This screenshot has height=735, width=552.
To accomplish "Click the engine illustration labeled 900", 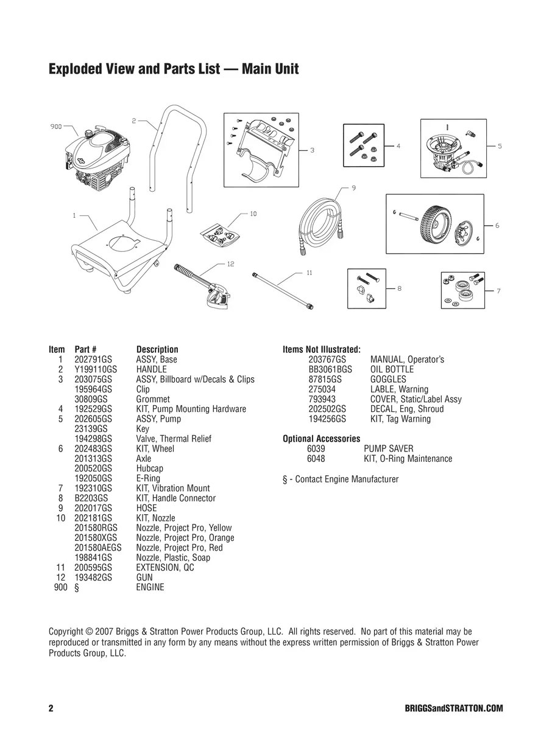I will click(x=101, y=161).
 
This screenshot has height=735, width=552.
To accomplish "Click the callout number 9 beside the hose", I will click(x=353, y=188).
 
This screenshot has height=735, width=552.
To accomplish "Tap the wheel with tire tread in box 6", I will click(x=436, y=223).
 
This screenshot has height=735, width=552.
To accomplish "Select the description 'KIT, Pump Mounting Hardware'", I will click(x=191, y=409).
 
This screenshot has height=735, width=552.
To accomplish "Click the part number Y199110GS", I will click(x=96, y=369).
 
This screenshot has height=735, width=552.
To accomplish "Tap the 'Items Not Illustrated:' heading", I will click(x=321, y=349).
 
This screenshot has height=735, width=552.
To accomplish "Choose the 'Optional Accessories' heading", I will click(x=321, y=439).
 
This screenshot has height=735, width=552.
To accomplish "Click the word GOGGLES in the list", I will click(x=387, y=379).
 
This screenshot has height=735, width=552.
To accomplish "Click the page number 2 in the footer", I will click(x=51, y=709).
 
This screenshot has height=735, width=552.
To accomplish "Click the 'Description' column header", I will click(x=157, y=349).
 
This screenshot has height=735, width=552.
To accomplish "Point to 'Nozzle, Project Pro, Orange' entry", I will click(x=185, y=538).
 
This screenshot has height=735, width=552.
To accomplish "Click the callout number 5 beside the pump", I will click(x=500, y=146).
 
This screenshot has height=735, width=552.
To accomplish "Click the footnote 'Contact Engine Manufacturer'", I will click(x=341, y=479).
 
